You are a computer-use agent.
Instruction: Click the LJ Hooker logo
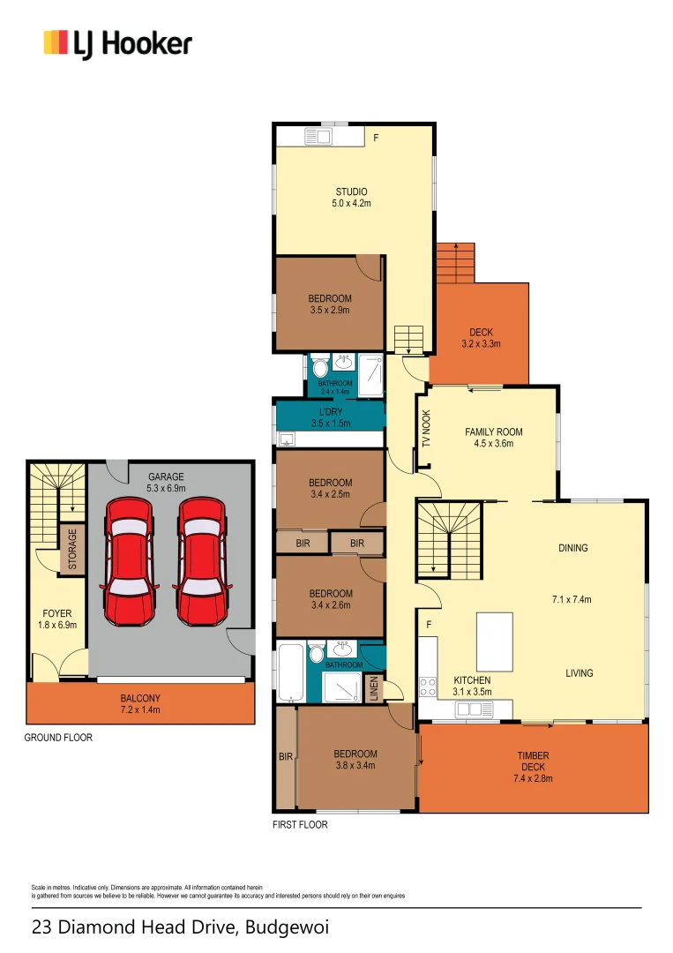[x=117, y=43]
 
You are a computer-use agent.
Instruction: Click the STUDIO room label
[x=351, y=191]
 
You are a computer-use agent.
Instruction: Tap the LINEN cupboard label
[x=374, y=689]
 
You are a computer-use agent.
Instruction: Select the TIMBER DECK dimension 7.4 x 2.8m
[x=533, y=779]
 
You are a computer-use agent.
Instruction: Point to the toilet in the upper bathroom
[x=318, y=366]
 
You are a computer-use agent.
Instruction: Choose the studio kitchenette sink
[x=318, y=137]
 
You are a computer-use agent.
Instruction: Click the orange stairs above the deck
[x=454, y=262]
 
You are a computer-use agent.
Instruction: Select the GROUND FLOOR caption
[x=57, y=738]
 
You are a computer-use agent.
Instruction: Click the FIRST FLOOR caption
[x=300, y=825]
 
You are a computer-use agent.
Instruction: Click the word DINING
[x=572, y=548]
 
